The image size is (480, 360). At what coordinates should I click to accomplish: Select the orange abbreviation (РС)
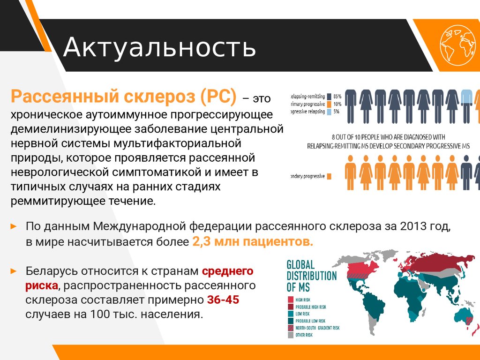(x=218, y=97)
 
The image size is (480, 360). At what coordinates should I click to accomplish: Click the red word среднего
(x=228, y=271)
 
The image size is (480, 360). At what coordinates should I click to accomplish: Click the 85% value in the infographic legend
(x=337, y=95)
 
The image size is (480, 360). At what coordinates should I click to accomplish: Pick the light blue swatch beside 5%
(x=329, y=112)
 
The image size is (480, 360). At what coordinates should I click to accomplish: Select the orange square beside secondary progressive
(x=329, y=176)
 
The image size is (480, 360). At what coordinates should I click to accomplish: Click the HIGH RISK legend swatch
(x=290, y=300)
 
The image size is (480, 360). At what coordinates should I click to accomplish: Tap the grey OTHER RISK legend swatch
(x=290, y=335)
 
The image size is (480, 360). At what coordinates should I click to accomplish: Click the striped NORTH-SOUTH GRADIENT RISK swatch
(x=290, y=328)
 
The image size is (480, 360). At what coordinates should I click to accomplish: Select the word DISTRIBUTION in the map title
(x=311, y=276)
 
